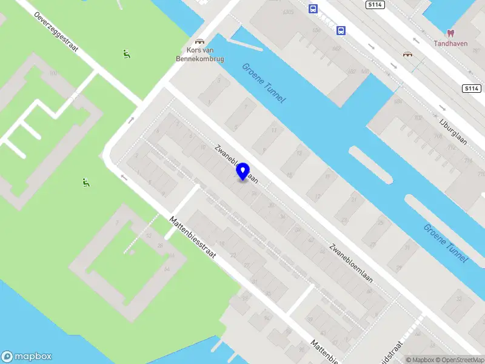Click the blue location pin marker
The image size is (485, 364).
[243, 172]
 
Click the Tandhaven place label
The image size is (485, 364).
[450, 43]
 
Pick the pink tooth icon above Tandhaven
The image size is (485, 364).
[450, 32]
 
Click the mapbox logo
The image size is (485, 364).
[27, 357]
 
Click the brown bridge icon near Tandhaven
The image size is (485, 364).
[407, 54]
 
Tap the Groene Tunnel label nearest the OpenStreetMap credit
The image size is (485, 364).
[445, 243]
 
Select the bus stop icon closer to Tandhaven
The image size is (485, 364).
[341, 30]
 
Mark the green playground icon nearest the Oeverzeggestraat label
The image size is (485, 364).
[127, 54]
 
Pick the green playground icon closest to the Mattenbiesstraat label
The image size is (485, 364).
[86, 182]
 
